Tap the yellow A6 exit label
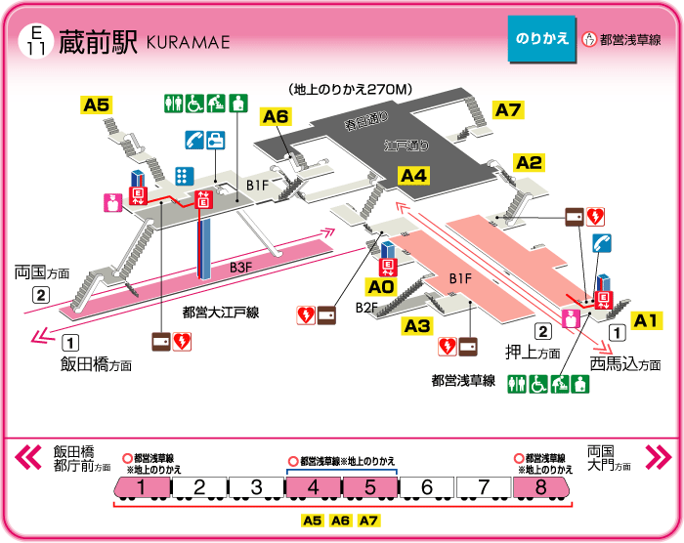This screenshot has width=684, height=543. click(277, 117)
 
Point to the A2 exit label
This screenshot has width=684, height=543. click(529, 163)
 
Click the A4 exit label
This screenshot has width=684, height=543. click(414, 176)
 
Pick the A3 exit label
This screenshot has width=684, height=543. click(418, 325)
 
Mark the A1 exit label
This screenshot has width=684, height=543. click(647, 319)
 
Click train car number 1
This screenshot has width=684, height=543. click(142, 487)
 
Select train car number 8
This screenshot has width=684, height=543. click(540, 487)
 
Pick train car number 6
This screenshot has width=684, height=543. click(426, 487)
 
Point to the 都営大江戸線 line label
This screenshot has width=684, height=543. click(220, 313)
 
